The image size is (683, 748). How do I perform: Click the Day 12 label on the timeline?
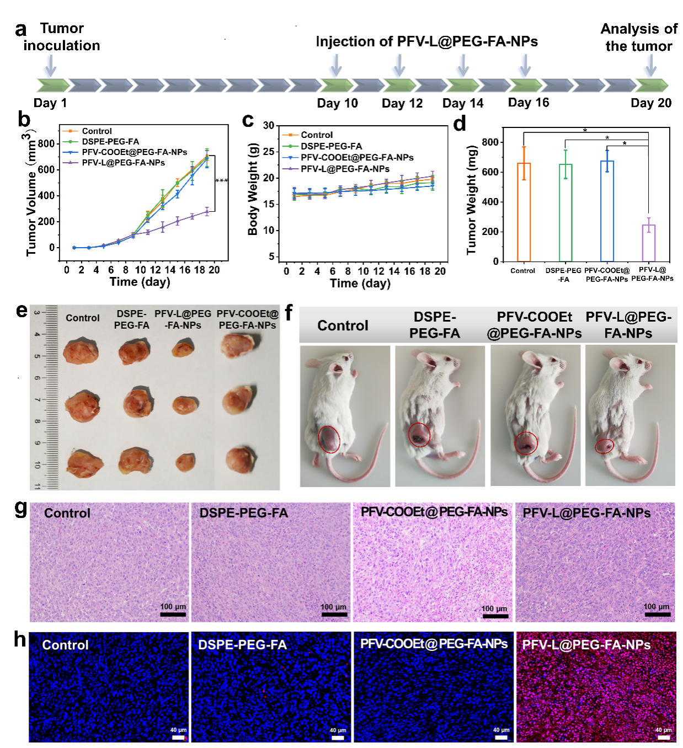tap(402, 103)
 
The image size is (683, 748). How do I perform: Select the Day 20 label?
tap(651, 103)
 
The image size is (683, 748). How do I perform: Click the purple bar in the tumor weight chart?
tap(649, 243)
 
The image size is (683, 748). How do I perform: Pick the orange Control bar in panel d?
tap(524, 212)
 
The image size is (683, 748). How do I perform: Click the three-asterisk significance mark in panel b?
tap(222, 181)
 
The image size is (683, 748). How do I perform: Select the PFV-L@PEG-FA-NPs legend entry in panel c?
tap(345, 169)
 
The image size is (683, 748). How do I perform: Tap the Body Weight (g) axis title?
tap(253, 189)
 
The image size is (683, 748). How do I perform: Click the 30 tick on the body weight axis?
tap(269, 126)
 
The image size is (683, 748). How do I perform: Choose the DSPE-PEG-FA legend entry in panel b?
tap(110, 142)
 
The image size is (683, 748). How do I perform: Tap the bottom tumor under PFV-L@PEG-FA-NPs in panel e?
tap(184, 462)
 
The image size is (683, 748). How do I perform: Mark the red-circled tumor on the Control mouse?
tap(329, 440)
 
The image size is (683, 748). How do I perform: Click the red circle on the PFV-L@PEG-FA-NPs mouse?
tap(604, 446)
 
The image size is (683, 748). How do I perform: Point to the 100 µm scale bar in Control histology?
tap(173, 613)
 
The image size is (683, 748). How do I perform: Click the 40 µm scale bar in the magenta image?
tap(664, 737)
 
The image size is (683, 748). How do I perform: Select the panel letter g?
tap(20, 507)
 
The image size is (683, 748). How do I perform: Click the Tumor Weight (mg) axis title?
tap(471, 200)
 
